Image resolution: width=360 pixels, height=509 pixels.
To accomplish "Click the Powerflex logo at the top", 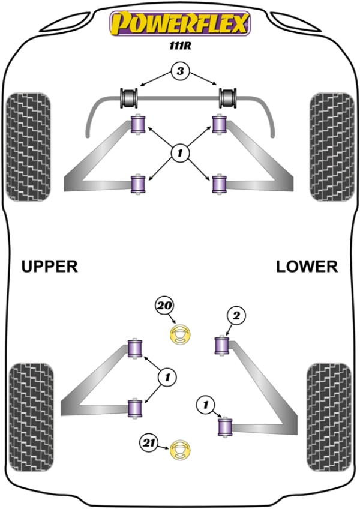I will point(179,24).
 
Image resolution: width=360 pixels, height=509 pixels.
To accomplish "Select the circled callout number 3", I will point(179,73).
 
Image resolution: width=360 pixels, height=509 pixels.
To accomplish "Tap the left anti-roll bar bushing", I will point(130,96).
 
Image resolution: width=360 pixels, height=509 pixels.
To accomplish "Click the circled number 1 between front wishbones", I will point(179,154).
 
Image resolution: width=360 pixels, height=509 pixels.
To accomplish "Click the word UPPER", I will point(50,267).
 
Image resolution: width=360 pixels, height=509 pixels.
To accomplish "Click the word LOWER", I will point(307,267).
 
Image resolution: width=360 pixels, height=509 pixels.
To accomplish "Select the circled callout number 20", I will point(164,306).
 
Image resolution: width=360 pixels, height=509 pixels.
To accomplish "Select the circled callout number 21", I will point(148,444).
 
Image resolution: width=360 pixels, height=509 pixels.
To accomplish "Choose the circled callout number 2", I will point(236,315).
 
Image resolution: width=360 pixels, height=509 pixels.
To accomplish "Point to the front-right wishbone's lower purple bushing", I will point(220,184).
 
